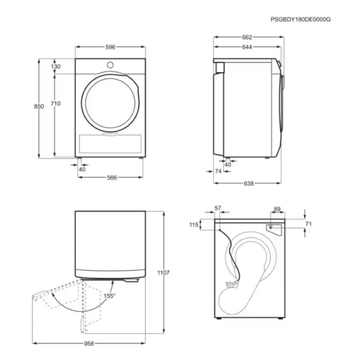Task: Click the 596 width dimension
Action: pyautogui.click(x=111, y=47)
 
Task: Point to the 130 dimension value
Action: pyautogui.click(x=56, y=67)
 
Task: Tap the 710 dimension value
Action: pyautogui.click(x=56, y=103)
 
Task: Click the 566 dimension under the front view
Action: pyautogui.click(x=112, y=178)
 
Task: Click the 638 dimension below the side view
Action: pyautogui.click(x=248, y=184)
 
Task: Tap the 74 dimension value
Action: pyautogui.click(x=218, y=171)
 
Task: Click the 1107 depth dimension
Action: pyautogui.click(x=164, y=273)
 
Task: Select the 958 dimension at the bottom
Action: pyautogui.click(x=89, y=344)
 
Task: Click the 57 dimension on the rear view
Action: pyautogui.click(x=218, y=208)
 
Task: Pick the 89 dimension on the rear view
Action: pyautogui.click(x=277, y=209)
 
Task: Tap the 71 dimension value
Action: pyautogui.click(x=308, y=224)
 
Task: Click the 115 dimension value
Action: pyautogui.click(x=194, y=225)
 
